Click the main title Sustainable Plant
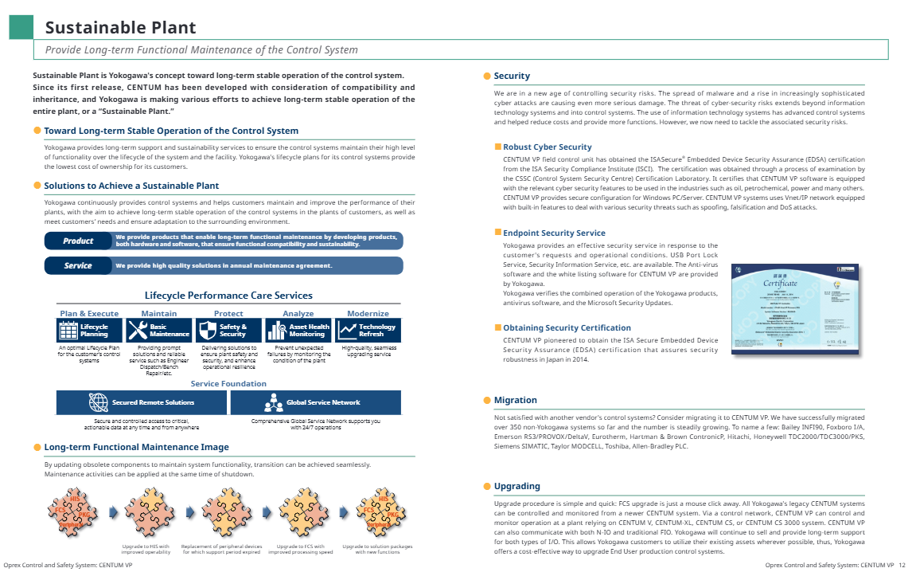120,28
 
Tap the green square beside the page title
21,27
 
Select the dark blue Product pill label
78,241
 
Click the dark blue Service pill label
78,265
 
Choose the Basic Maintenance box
158,331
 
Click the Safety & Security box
228,331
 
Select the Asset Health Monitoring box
298,331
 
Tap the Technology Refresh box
368,331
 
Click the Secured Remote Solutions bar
142,402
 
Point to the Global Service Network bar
315,402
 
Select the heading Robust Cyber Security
548,147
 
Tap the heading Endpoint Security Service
554,233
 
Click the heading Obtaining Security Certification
567,327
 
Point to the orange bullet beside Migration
487,400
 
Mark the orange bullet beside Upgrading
487,486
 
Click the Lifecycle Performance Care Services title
228,296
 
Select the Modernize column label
368,313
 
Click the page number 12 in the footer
902,565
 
